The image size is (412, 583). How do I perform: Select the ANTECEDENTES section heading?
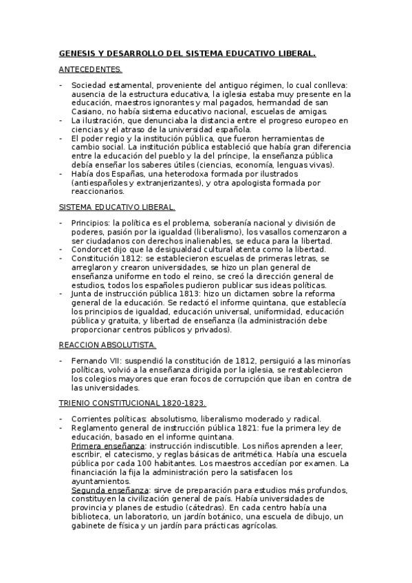click(90, 69)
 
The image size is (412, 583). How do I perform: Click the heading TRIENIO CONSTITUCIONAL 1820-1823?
click(133, 402)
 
